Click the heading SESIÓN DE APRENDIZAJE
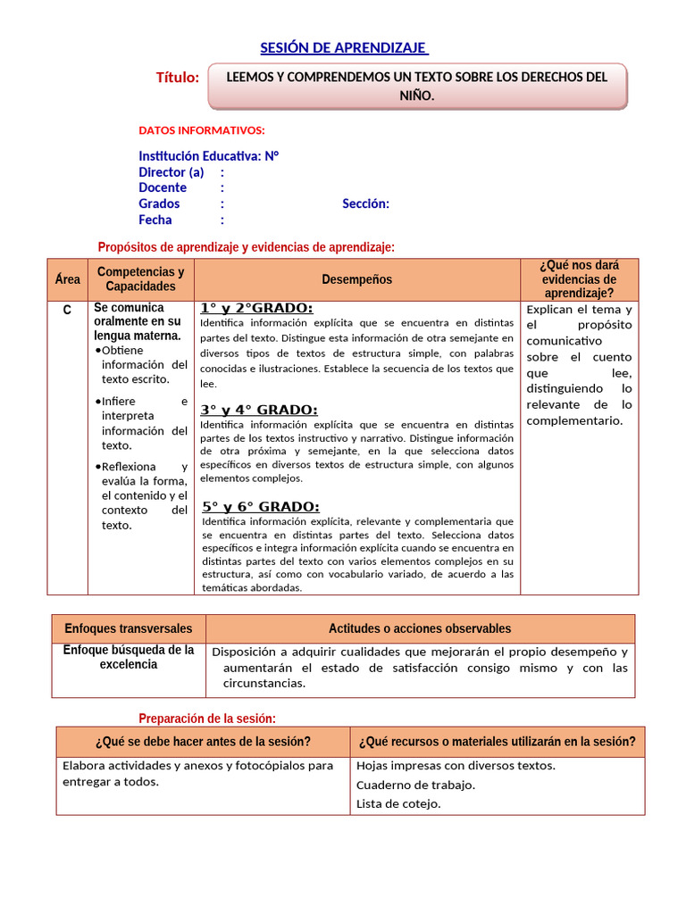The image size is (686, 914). click(344, 47)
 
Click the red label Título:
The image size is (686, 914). click(178, 79)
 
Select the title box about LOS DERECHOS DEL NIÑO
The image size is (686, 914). click(417, 87)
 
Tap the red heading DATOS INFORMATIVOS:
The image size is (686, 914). click(202, 130)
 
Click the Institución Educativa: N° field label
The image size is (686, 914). click(209, 155)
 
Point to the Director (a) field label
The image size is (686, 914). click(171, 171)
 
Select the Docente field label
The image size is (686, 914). click(163, 187)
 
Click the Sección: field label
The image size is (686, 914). click(365, 204)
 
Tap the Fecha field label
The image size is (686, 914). click(155, 220)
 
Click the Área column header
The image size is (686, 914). click(67, 279)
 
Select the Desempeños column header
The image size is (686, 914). click(356, 279)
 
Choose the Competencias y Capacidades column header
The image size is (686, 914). click(140, 279)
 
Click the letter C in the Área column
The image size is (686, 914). click(67, 310)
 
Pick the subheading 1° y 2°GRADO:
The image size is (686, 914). click(256, 308)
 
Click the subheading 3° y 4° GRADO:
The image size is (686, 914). click(259, 410)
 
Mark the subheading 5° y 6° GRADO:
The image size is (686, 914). click(261, 506)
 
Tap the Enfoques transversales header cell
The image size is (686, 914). click(129, 628)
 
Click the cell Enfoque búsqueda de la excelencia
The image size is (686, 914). click(129, 657)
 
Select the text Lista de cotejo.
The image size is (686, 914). click(398, 803)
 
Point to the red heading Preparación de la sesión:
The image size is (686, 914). click(207, 719)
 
